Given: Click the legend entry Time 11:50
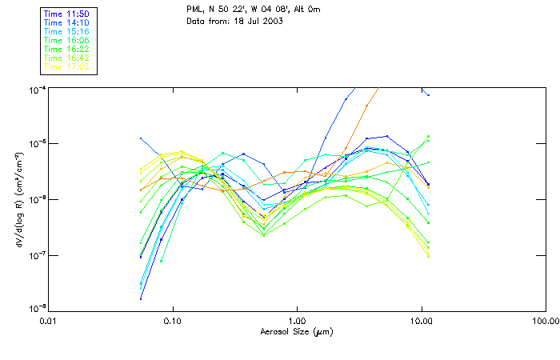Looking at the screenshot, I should click(65, 14).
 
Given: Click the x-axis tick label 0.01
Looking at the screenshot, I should click(49, 322).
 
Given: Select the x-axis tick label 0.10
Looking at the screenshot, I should click(173, 322).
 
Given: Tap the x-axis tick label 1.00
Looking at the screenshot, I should click(297, 322).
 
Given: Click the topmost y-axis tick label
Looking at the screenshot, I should click(38, 88).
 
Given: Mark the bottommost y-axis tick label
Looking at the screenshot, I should click(38, 309).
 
